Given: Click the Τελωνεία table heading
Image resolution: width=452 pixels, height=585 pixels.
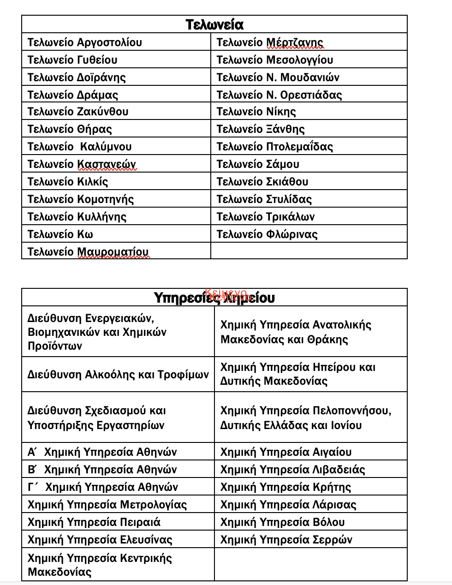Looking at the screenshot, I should point(214,24).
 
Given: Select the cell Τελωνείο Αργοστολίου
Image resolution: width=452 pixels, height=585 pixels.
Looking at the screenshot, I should point(85,42).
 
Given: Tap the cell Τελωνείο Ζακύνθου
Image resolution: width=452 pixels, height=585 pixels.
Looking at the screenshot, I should point(78,112).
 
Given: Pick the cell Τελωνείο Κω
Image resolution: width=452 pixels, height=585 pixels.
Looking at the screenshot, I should point(60,234).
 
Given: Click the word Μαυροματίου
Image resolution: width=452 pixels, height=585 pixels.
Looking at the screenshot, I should point(113,252).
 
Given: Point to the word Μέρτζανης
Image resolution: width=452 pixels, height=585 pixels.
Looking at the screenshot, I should point(295,42).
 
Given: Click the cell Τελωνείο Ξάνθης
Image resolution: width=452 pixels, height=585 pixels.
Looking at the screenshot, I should point(261,129).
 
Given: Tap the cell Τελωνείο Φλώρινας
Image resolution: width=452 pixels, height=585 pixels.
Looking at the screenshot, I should point(267,234).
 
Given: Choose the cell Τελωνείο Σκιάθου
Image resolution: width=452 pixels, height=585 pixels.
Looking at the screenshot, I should point(262,182).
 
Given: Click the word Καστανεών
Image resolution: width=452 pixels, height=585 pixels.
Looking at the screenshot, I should point(107,164).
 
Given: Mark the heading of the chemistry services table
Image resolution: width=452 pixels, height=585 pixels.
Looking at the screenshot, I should point(214,298).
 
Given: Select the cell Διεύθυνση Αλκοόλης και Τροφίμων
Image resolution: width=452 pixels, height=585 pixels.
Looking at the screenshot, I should point(118,375).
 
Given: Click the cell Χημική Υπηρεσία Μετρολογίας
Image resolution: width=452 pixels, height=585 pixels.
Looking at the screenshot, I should point(107,505).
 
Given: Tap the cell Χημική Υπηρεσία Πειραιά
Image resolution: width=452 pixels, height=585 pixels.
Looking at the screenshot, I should point(94,522).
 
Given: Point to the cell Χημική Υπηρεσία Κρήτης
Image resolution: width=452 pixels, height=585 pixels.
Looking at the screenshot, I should point(285,487).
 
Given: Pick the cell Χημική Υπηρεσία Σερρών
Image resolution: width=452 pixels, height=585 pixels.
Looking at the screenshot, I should point(286,540).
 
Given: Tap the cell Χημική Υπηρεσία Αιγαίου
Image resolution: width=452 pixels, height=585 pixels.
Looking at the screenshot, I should point(286,452).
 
